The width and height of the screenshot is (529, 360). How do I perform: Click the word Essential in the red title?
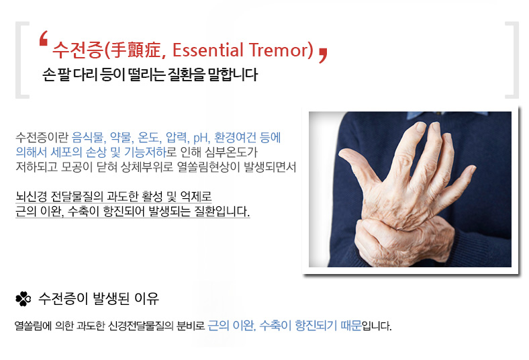208,50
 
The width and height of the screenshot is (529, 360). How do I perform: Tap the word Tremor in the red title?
279,50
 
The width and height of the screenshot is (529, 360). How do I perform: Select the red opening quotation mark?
43,38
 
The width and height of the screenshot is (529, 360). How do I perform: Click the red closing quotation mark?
323,55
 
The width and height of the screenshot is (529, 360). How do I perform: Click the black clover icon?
23,299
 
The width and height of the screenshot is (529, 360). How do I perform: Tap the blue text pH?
201,138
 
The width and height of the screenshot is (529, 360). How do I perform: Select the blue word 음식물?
87,137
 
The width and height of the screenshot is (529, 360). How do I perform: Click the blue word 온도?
148,137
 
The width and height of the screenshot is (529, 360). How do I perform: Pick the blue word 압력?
175,137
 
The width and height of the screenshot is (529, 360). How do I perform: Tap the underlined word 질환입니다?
222,211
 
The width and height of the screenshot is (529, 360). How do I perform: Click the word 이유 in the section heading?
146,298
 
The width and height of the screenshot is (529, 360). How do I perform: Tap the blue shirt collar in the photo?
447,116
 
